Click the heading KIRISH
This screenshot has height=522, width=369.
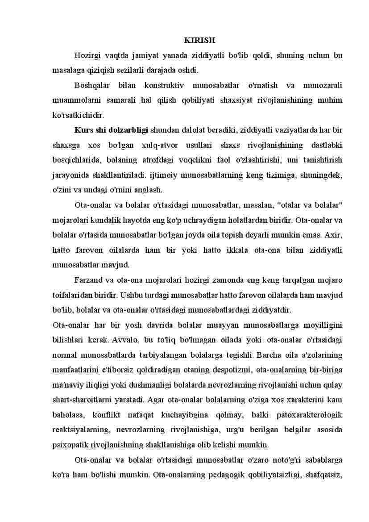click(x=199, y=40)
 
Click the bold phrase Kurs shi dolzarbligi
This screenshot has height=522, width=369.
click(x=111, y=130)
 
